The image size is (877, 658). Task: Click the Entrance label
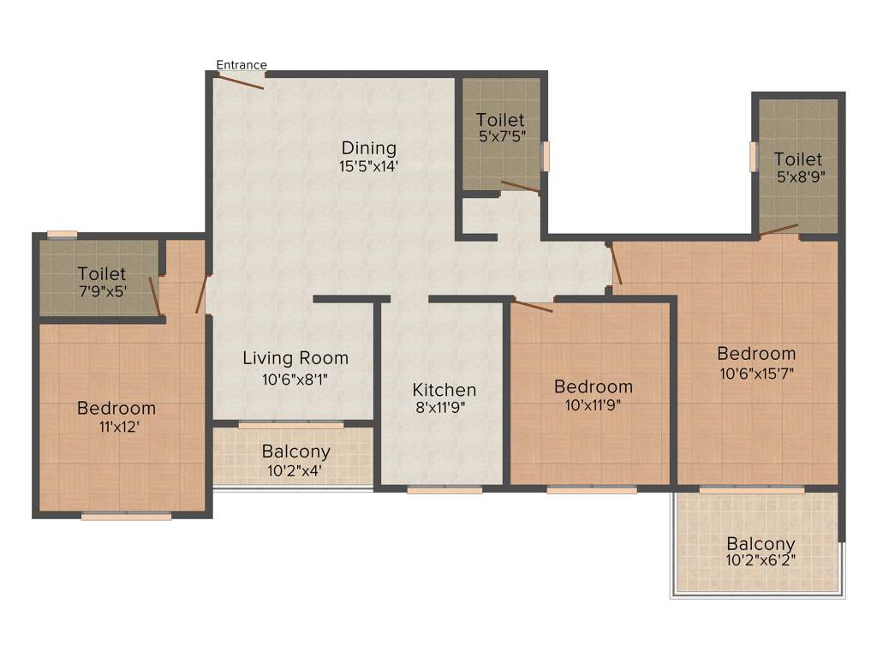pos(241,64)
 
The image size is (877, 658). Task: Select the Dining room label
pos(368,147)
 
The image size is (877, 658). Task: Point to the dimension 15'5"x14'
pos(368,166)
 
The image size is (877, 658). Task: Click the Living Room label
pos(295,358)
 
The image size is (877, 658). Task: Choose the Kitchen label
pos(444,390)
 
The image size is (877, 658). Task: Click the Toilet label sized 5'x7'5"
pos(500,120)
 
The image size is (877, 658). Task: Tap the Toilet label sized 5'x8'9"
pos(798,159)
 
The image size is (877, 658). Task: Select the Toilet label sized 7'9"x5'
pos(101,274)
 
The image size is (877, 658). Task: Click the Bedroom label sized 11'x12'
pos(116,408)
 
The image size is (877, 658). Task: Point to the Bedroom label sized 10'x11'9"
pos(593,386)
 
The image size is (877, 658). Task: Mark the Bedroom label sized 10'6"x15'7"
pos(756,353)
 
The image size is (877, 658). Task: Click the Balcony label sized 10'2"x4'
pos(295,452)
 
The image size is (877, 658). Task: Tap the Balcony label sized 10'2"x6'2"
pos(761,543)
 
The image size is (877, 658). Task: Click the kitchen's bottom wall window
pos(444,490)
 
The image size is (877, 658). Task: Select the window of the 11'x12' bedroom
pos(126,516)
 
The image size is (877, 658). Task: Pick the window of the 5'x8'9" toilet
pos(754,157)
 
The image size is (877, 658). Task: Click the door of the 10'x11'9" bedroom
pos(532,305)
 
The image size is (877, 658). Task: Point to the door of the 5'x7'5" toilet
pos(520,187)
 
